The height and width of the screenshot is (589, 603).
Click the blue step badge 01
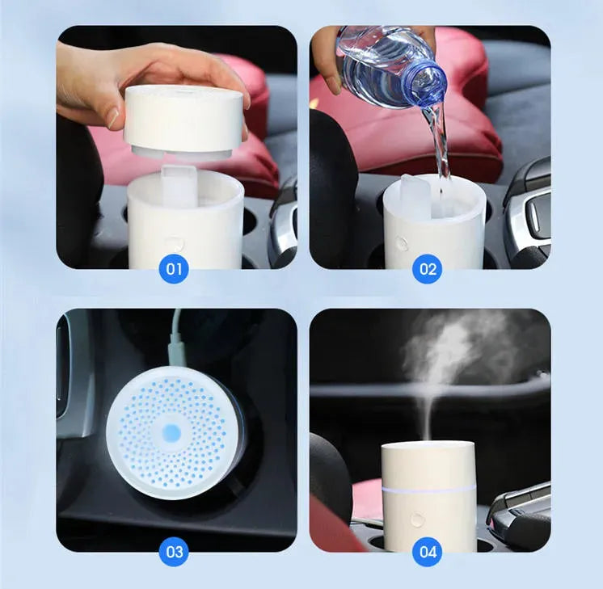175,268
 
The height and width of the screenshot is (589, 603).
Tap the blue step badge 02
427,268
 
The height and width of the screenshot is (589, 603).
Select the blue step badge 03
175,552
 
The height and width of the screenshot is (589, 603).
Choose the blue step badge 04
427,552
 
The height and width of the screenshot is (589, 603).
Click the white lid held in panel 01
184,120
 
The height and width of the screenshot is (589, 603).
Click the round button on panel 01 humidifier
175,242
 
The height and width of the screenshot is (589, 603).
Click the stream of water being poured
440,149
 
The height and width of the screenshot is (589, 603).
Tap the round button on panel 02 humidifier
402,242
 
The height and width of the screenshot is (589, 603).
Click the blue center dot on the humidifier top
172,432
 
